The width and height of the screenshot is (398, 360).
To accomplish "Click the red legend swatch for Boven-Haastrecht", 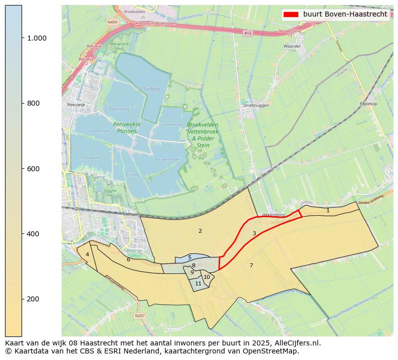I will tap(291, 14).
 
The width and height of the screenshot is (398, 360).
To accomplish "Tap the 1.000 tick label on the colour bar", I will tap(36, 38).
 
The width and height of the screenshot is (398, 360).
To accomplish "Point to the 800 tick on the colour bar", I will tap(33, 103).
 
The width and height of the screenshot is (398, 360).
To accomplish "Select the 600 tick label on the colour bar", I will tap(33, 169).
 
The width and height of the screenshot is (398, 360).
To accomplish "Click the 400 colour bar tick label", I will tap(33, 234).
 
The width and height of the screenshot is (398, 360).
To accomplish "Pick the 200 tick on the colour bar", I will tap(33, 299).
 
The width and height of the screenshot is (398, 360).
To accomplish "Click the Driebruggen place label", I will tap(256, 106).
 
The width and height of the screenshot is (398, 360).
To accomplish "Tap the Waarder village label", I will tap(292, 46).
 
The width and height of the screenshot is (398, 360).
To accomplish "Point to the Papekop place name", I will tap(368, 104).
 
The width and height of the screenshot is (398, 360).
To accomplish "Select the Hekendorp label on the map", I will tap(273, 215).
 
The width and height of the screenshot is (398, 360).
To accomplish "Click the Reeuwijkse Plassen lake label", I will tap(127, 128).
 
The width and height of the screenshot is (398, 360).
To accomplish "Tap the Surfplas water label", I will tap(152, 89).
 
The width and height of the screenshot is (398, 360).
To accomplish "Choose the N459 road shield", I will tap(112, 22).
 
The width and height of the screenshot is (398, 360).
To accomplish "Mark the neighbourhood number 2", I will tap(200, 231).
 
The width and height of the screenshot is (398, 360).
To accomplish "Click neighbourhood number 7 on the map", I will tap(251, 265).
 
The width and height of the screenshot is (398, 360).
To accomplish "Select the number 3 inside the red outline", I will tap(254, 233).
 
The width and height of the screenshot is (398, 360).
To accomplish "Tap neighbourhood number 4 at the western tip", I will tap(87, 254).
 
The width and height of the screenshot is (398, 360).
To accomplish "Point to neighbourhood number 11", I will tap(198, 283).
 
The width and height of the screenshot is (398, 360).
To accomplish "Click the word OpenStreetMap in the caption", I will tap(273, 351).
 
